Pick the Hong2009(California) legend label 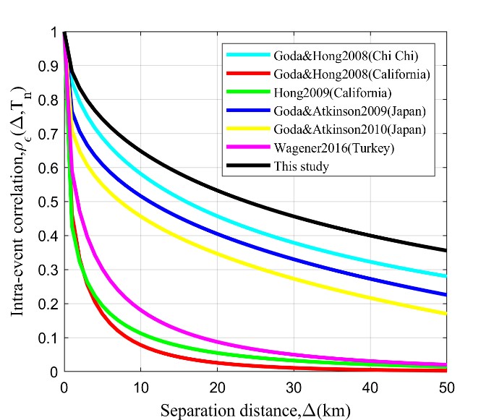pos(323,93)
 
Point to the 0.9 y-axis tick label pos(48,67)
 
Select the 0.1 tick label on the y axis pos(48,338)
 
